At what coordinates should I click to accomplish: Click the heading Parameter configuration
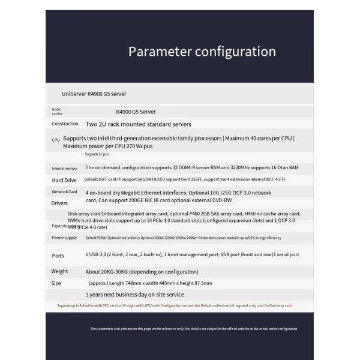[202, 52]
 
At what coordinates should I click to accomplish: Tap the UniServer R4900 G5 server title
[94, 94]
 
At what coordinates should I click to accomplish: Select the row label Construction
[65, 124]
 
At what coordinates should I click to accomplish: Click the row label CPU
[56, 139]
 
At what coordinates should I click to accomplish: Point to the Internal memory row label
[64, 169]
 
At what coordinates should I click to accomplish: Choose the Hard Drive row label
[64, 180]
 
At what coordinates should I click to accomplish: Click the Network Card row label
[65, 192]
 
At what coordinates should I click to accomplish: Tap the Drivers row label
[60, 203]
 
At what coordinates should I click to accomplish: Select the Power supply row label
[65, 238]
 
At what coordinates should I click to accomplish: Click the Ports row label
[58, 256]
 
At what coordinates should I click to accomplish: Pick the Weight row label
[60, 271]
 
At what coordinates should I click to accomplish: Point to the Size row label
[56, 283]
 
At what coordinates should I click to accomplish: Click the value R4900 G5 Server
[136, 112]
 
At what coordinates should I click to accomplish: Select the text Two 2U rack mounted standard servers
[139, 124]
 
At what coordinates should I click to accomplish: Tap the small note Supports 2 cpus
[97, 154]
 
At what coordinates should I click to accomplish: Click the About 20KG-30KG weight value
[142, 272]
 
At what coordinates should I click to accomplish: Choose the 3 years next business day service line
[135, 295]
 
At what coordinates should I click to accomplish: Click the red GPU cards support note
[174, 305]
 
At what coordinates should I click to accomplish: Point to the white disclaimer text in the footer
[194, 329]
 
